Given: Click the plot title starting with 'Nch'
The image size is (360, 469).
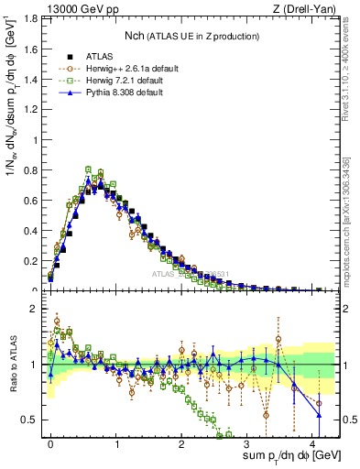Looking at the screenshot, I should coord(191,36).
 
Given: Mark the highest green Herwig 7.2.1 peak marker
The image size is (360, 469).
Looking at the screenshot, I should coord(88,169).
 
